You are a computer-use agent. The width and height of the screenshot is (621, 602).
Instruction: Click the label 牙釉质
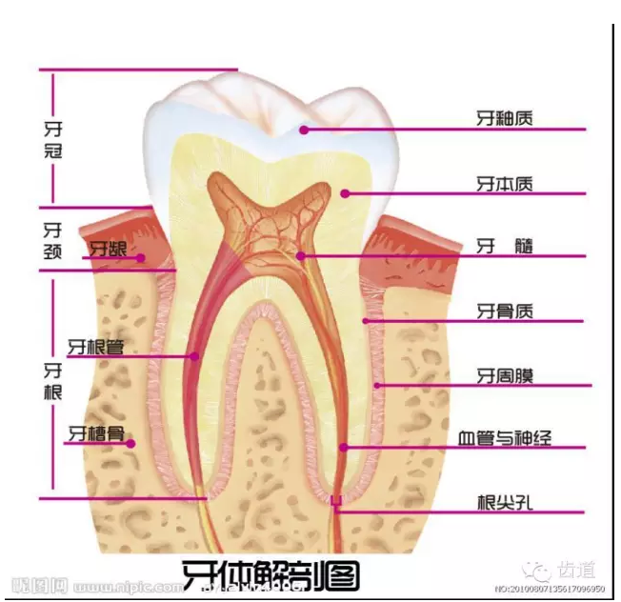click(x=505, y=120)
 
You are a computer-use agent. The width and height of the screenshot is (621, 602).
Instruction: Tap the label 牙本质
click(x=505, y=184)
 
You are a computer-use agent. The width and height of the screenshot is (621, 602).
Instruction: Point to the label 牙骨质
click(x=505, y=311)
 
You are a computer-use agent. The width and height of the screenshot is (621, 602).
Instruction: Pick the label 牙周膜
click(x=505, y=376)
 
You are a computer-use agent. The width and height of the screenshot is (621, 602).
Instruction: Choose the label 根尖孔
click(x=505, y=502)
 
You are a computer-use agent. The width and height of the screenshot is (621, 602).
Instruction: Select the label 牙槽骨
click(x=95, y=433)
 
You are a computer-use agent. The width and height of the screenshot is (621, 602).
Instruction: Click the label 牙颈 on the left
click(x=53, y=240)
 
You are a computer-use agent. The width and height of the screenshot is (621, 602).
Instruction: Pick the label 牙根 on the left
click(x=53, y=381)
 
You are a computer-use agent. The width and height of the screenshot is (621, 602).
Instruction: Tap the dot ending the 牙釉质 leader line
click(x=303, y=130)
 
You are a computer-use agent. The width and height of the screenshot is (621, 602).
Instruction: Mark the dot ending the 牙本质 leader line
click(x=346, y=193)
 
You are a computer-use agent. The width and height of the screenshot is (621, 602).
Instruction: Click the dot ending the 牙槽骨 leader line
click(x=131, y=442)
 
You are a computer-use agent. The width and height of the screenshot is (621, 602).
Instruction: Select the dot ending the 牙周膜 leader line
click(x=377, y=386)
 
